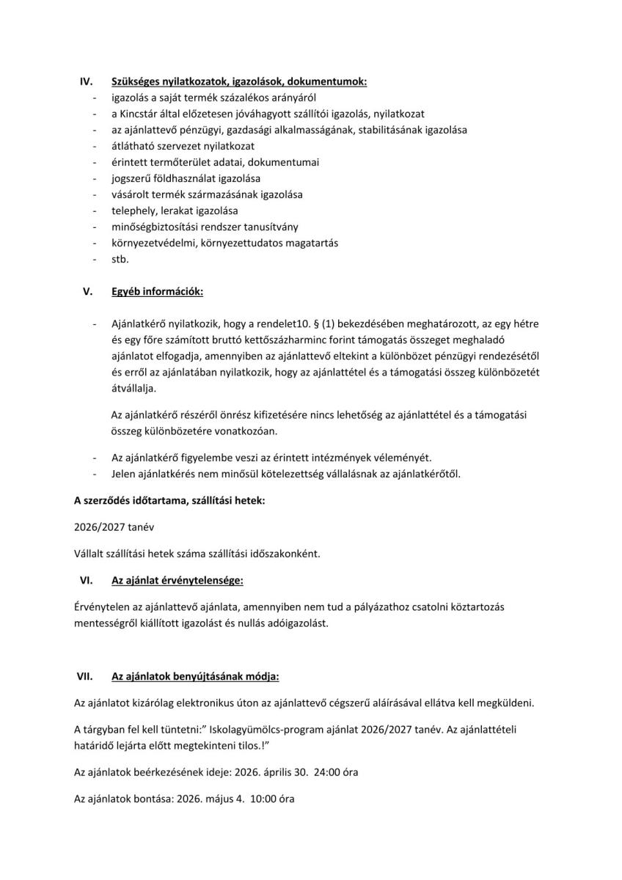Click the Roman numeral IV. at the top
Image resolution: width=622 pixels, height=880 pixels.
(84, 81)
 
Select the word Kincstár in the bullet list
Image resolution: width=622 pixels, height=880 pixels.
(149, 114)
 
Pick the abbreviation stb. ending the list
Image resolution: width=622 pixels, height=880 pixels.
(120, 259)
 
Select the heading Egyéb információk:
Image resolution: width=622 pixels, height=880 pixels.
(157, 291)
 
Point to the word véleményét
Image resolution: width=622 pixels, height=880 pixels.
(406, 457)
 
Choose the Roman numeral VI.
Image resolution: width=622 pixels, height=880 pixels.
(85, 580)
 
